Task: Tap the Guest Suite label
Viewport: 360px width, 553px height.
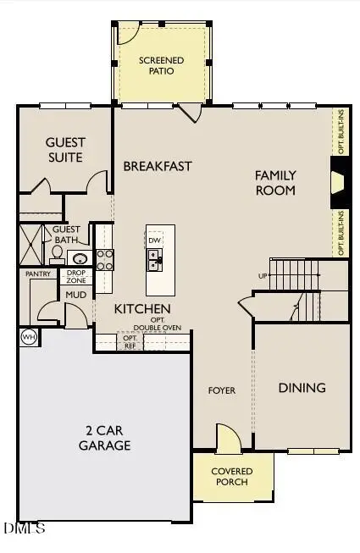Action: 64,150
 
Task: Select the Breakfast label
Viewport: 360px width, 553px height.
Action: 158,166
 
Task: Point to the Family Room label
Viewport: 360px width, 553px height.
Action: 276,182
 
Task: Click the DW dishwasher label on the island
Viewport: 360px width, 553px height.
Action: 155,241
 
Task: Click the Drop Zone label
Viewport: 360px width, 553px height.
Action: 77,276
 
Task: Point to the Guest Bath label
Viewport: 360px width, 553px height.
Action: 66,235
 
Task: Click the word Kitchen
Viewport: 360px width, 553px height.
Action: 143,309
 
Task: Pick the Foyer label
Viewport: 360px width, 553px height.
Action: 222,390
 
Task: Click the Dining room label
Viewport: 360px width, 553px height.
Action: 302,388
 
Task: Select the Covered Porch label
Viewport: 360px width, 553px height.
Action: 230,476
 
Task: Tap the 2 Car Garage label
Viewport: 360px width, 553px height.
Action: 104,438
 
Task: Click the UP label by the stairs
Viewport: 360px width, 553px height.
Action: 263,276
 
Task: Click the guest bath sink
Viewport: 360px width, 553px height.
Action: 79,258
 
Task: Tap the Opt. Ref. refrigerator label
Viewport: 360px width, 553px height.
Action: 130,341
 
